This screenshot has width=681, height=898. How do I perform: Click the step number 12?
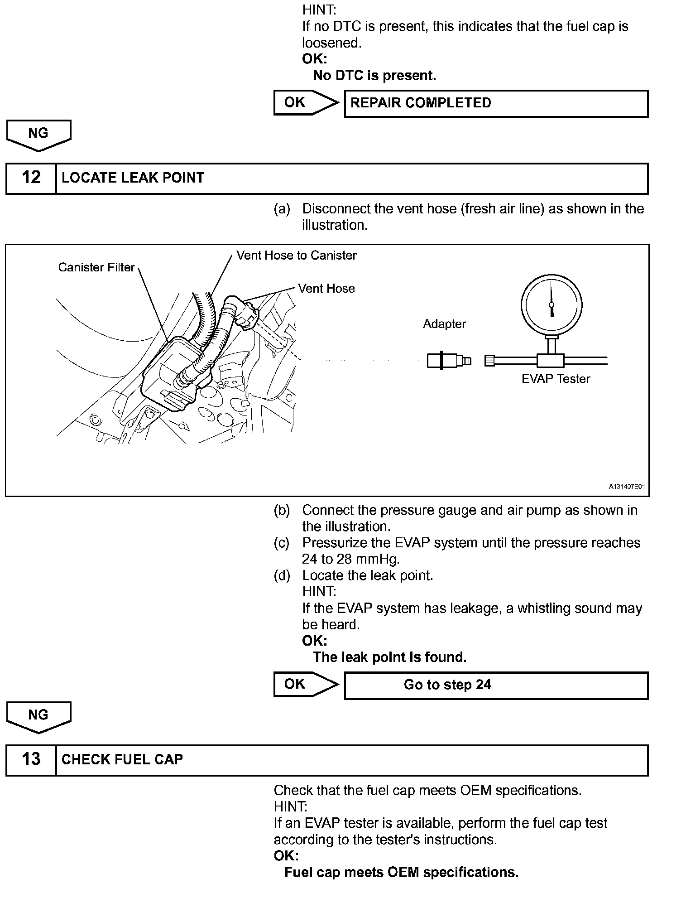31,178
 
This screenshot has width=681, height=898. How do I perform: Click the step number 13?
31,759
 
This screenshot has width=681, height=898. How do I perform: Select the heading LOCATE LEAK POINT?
133,178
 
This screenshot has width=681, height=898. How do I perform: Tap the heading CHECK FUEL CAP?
122,759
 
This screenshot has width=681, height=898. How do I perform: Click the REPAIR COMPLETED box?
496,103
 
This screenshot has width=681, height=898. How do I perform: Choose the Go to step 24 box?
496,685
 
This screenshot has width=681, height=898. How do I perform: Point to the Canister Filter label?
96,267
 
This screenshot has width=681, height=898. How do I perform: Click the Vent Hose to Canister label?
296,256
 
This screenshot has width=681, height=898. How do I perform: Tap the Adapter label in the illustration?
444,324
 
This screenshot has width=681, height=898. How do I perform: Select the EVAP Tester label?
556,379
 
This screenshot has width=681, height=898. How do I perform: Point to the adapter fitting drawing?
448,361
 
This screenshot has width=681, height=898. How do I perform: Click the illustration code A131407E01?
626,487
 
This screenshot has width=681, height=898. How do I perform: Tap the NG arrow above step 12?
38,135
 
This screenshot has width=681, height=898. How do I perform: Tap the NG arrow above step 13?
38,716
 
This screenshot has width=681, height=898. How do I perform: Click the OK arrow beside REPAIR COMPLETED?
305,103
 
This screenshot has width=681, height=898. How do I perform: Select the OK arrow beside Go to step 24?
305,684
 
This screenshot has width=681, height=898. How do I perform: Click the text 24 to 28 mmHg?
350,559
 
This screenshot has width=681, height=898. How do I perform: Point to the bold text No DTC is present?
374,76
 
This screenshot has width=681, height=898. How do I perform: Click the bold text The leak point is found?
389,657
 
